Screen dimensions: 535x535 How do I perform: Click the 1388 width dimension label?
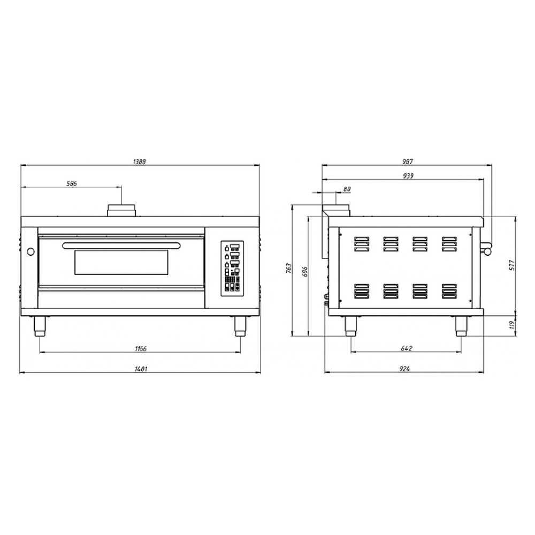(x=139, y=162)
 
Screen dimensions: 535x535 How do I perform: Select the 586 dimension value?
(x=71, y=184)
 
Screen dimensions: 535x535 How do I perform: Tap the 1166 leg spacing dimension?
(x=141, y=349)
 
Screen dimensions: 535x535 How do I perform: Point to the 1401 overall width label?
(x=141, y=369)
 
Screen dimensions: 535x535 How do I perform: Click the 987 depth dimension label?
(x=408, y=162)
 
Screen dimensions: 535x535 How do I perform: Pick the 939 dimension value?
(x=408, y=175)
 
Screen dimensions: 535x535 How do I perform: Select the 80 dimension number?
(x=347, y=189)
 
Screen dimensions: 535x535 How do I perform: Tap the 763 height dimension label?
(x=289, y=268)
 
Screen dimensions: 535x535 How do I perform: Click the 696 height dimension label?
(x=305, y=272)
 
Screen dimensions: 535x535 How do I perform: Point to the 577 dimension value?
(x=512, y=265)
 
